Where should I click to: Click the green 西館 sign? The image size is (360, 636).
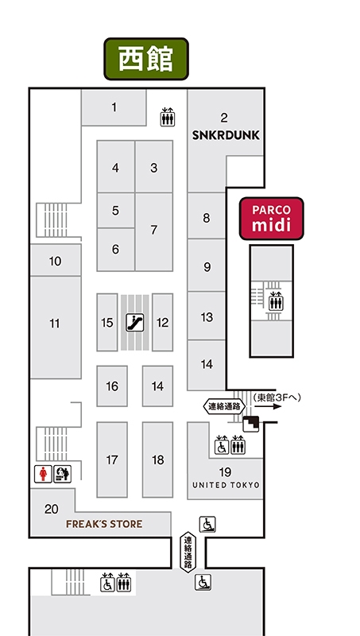click(x=146, y=59)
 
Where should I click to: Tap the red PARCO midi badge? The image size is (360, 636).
click(x=271, y=219)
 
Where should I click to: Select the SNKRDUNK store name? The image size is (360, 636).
click(x=226, y=135)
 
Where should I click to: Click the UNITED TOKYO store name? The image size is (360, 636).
click(x=226, y=485)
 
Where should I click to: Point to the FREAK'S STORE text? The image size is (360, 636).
click(x=104, y=524)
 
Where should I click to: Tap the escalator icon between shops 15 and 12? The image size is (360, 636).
click(x=134, y=323)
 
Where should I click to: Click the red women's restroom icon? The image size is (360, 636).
click(x=43, y=474)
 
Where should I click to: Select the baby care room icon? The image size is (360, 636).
click(x=63, y=474)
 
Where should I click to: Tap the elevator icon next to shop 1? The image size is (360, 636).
click(x=168, y=117)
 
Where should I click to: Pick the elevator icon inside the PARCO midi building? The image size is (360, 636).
click(x=276, y=301)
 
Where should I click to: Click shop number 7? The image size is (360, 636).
click(x=153, y=230)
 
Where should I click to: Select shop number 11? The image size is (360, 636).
click(x=55, y=324)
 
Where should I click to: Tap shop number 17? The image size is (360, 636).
click(x=112, y=460)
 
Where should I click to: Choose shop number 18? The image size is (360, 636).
click(x=157, y=460)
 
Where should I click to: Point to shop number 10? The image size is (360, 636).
click(x=55, y=262)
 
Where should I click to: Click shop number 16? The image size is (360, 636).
click(x=112, y=386)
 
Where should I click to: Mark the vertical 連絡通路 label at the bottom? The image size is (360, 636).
click(x=188, y=553)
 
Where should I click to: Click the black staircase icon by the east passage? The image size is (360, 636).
click(x=251, y=425)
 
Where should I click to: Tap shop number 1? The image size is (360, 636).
click(x=114, y=107)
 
